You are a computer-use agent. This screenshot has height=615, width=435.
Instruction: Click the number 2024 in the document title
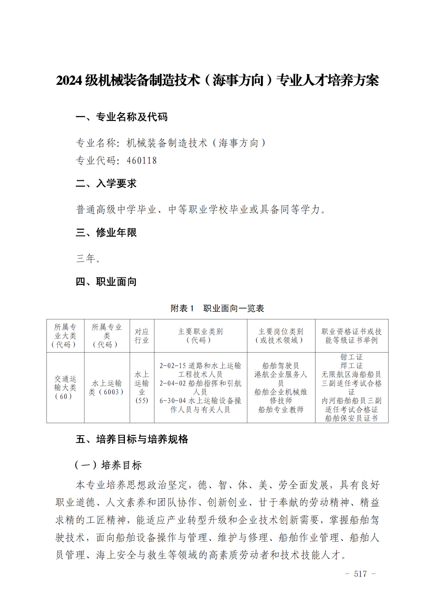[x=69, y=80]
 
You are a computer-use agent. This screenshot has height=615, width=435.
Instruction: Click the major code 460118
[x=141, y=160]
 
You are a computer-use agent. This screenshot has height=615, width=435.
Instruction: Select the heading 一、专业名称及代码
[x=121, y=117]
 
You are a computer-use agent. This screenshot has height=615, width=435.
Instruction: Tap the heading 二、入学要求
[x=106, y=184]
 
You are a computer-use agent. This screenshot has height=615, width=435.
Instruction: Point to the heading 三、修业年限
[x=106, y=233]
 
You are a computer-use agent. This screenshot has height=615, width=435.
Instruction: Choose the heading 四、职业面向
[x=106, y=282]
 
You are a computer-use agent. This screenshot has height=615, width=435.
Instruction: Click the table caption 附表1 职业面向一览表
[x=217, y=308]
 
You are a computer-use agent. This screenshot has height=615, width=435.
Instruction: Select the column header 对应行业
[x=141, y=336]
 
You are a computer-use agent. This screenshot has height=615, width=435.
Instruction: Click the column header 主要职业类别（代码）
[x=200, y=336]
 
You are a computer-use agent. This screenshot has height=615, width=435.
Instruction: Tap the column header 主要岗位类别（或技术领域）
[x=281, y=336]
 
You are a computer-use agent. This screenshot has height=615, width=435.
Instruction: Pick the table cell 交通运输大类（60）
[x=65, y=388]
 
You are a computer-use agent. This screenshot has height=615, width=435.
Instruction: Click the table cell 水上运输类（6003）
[x=107, y=388]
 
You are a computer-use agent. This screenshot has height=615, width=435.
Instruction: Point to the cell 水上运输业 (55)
[x=141, y=388]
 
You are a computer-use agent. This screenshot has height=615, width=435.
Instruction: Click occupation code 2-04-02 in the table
[x=173, y=383]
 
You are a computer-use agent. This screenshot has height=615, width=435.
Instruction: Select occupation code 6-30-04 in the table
[x=173, y=401]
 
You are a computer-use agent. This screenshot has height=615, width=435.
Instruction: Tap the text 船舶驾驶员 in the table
[x=281, y=366]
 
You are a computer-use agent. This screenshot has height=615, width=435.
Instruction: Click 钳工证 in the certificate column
[x=351, y=357]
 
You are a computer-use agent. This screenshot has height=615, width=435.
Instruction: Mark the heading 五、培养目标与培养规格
[x=132, y=439]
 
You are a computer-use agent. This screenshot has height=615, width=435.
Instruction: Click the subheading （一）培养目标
[x=108, y=465]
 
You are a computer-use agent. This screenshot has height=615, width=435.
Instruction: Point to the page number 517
[x=360, y=574]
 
